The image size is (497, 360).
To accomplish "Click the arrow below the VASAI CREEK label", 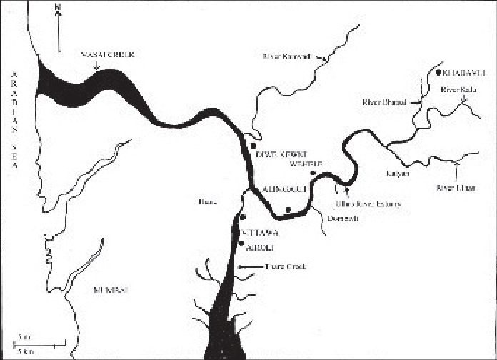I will [x=98, y=66].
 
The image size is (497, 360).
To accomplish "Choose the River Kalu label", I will [x=458, y=90].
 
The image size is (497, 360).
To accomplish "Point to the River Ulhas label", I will [x=452, y=187].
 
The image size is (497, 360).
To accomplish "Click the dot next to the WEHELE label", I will [x=312, y=172].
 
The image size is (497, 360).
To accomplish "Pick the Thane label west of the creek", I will [x=207, y=201].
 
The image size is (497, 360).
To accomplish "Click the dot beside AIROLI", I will [x=241, y=244].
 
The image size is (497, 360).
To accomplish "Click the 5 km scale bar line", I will [x=40, y=345].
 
